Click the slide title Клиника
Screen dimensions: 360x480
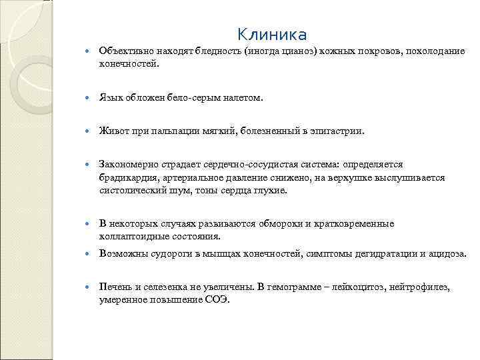click(x=272, y=34)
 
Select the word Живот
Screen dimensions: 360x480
click(x=113, y=131)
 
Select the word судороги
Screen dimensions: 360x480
click(x=169, y=254)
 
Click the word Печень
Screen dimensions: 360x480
click(x=115, y=287)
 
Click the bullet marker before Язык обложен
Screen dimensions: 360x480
click(x=89, y=98)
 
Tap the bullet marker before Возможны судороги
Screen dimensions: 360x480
click(x=89, y=254)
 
